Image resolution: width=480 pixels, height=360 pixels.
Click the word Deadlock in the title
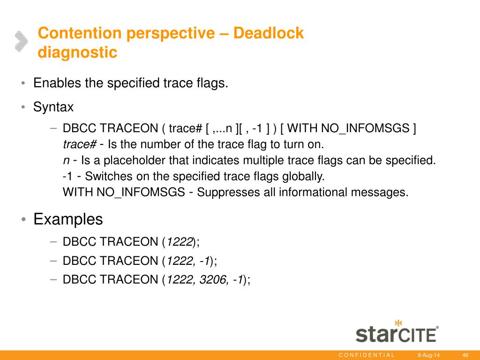(x=269, y=33)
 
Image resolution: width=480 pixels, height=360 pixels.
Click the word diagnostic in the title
(x=77, y=52)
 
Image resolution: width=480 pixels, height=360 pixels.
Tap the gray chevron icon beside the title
(x=21, y=41)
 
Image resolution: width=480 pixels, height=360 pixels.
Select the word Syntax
(x=53, y=107)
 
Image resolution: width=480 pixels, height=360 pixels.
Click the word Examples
(x=68, y=219)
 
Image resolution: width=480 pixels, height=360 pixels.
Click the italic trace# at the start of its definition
(x=80, y=144)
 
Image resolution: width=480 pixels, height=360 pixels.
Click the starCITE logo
(x=397, y=332)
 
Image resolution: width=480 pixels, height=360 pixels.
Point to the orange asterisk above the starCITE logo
(x=398, y=323)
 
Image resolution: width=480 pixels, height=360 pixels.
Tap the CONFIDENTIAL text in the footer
(x=367, y=355)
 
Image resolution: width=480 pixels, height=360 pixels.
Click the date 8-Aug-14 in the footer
(x=428, y=355)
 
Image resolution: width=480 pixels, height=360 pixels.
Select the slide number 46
(x=465, y=355)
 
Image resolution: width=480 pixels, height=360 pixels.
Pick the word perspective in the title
(x=171, y=33)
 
